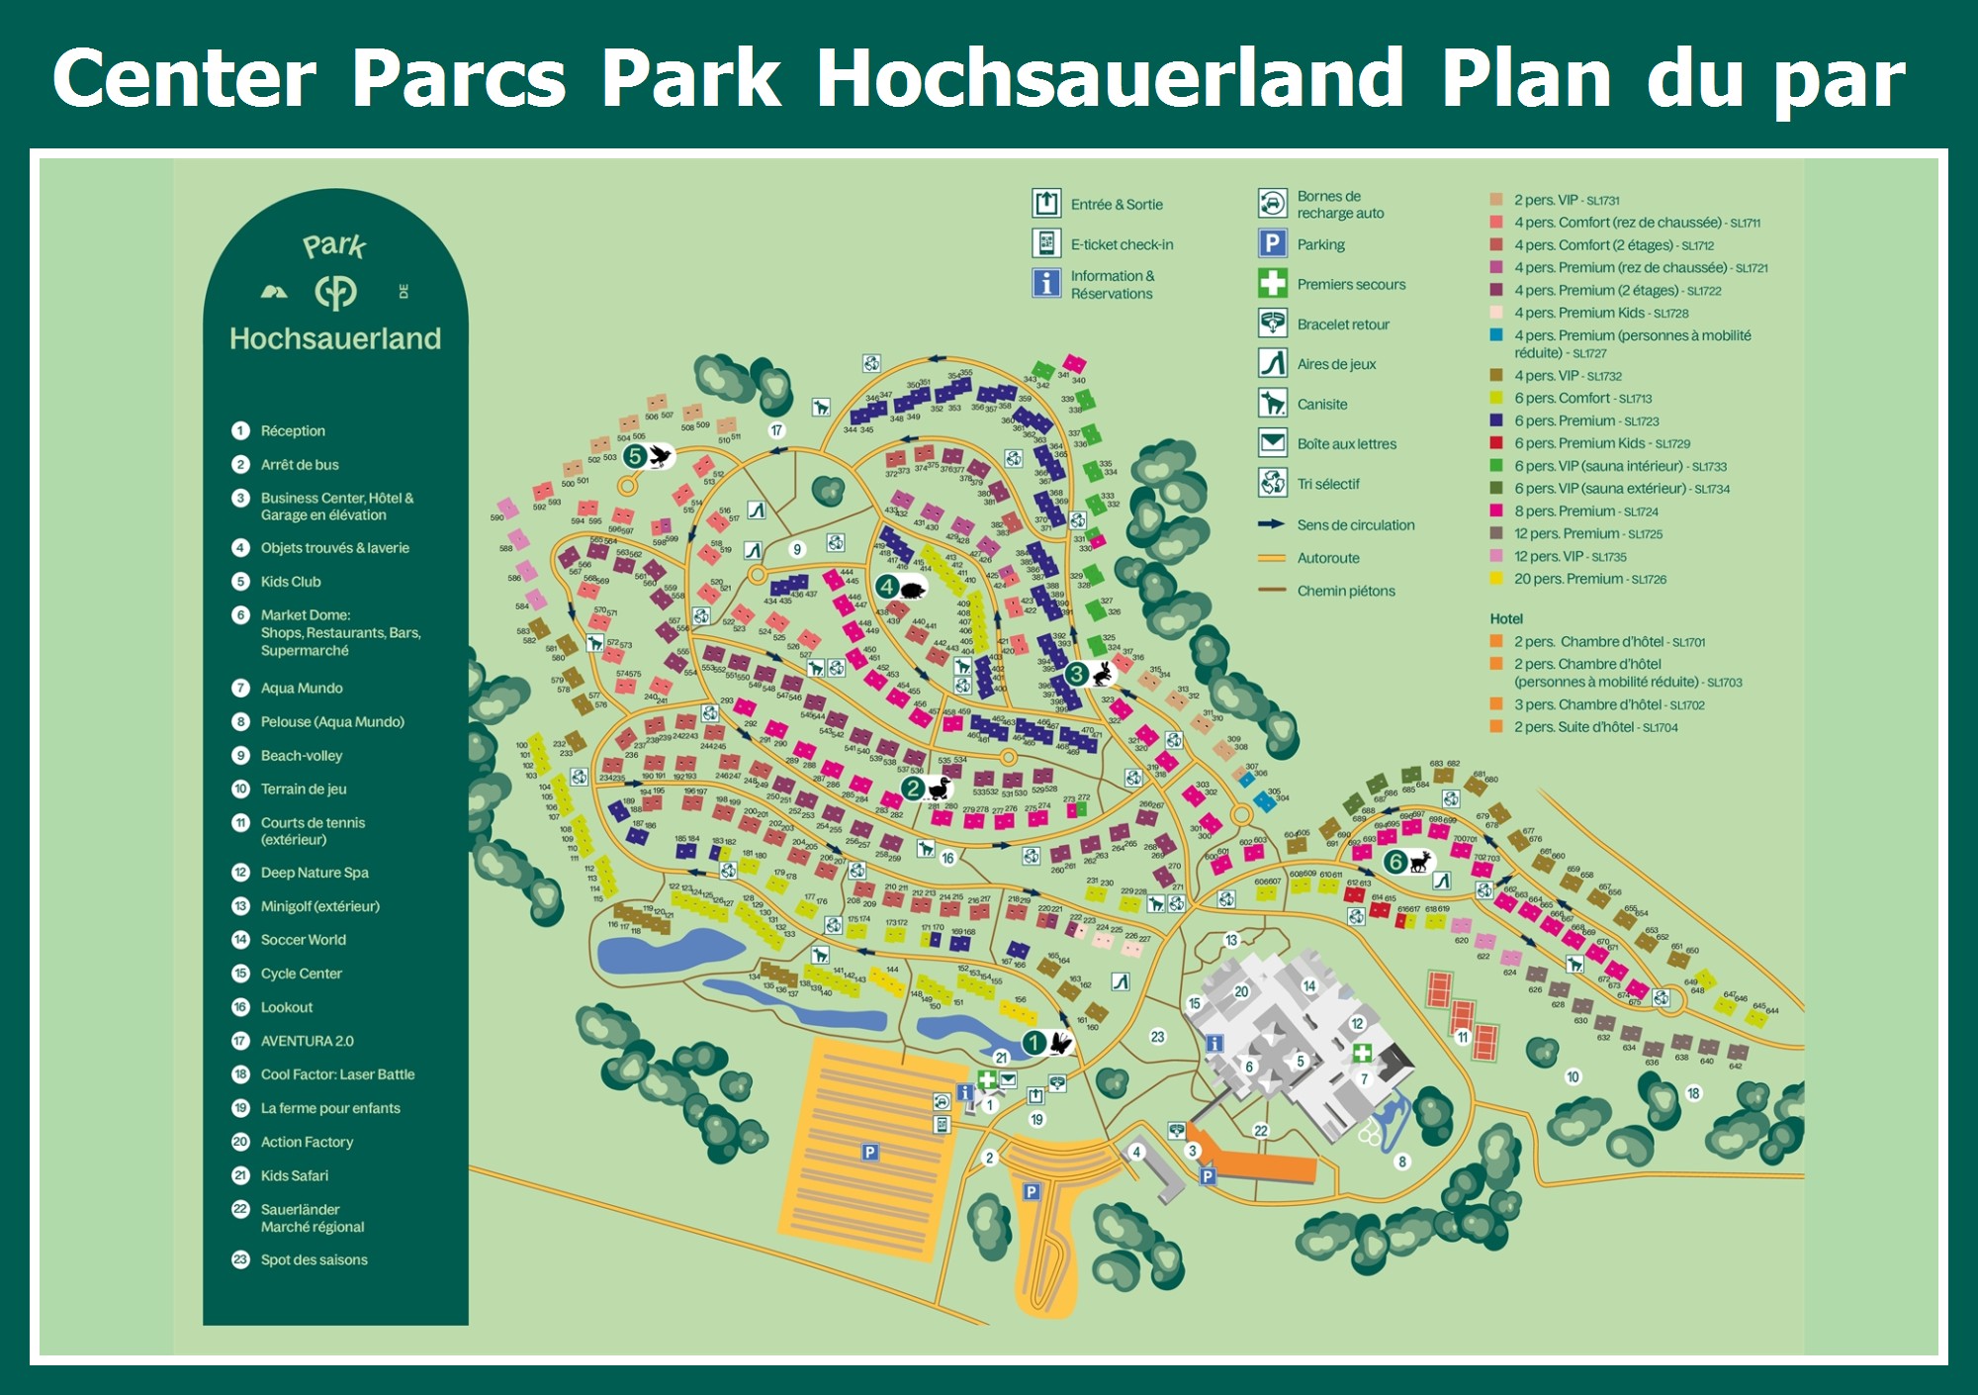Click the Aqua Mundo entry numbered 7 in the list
[301, 689]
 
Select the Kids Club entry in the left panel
[290, 582]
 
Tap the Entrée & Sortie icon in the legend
[1046, 204]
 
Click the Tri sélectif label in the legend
[1327, 485]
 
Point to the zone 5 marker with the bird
[647, 456]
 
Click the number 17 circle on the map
[776, 430]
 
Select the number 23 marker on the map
[1157, 1037]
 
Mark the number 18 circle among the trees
[1693, 1093]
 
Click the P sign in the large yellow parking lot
[869, 1152]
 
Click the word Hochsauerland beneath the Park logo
[335, 338]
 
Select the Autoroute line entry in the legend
[1327, 558]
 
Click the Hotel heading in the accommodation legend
[1506, 619]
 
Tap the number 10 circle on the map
[1573, 1076]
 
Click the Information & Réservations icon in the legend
[1046, 283]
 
